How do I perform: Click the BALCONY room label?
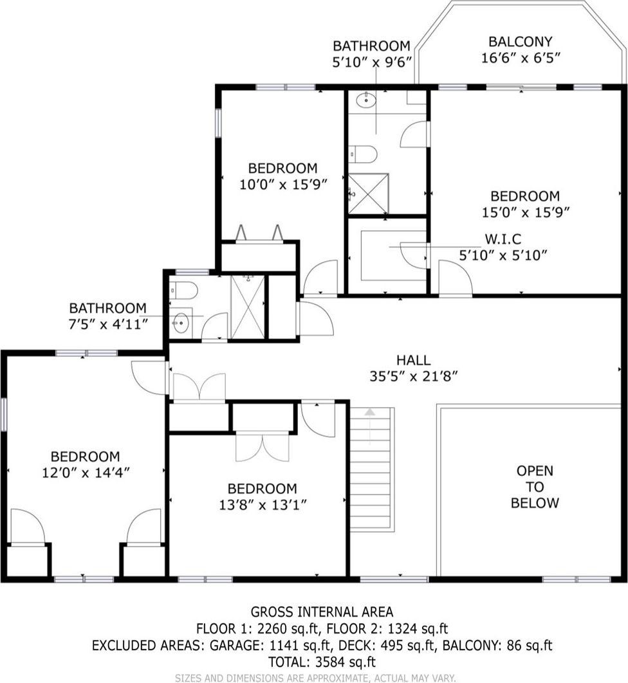click(521, 41)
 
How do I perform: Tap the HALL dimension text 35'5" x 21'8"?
click(414, 376)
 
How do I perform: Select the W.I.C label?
click(503, 239)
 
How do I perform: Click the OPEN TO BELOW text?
click(535, 487)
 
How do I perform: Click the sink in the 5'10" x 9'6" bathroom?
click(366, 100)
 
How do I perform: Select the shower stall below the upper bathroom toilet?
click(368, 194)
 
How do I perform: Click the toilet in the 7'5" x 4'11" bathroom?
click(184, 289)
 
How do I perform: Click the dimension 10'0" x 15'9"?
click(283, 184)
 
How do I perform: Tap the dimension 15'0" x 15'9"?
click(526, 212)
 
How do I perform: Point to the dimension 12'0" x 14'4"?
click(86, 472)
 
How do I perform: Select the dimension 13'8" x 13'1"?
click(263, 505)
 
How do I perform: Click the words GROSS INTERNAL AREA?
click(322, 612)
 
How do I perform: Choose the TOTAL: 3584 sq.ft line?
click(322, 662)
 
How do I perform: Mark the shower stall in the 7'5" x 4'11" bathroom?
click(248, 307)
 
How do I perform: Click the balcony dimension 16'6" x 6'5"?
click(521, 57)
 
